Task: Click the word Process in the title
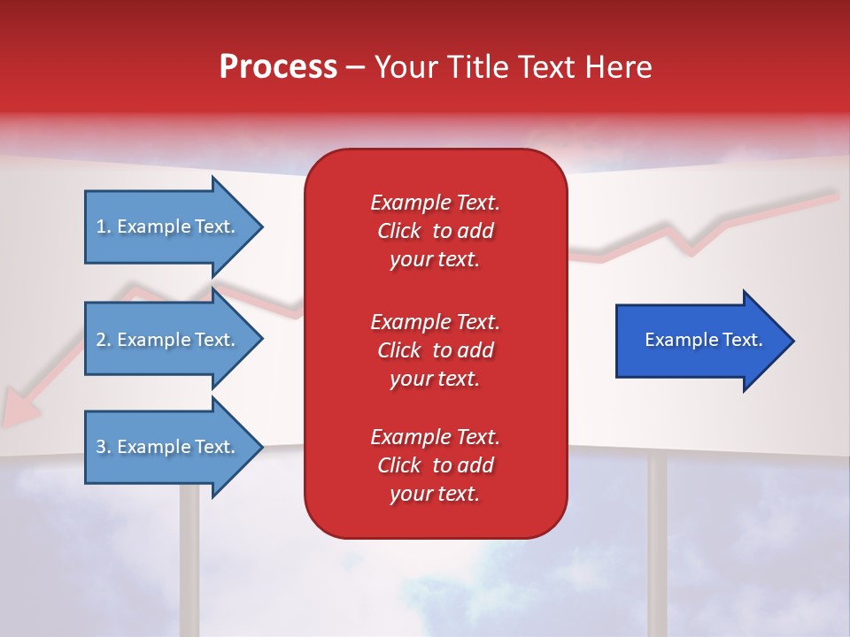278,67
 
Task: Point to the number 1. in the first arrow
104,226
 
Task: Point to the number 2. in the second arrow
104,340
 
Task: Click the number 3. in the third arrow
104,447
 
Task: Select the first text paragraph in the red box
435,231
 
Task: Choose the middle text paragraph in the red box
435,349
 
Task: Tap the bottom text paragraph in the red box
435,465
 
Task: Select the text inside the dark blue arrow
704,340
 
